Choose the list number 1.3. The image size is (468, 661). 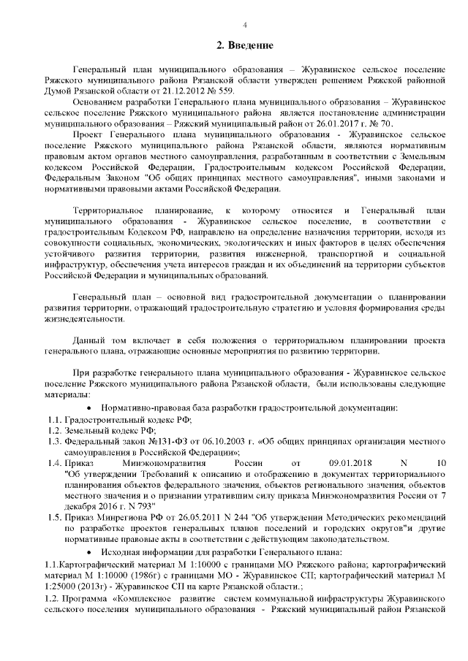coord(54,441)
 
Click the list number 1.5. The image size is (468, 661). coord(54,518)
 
